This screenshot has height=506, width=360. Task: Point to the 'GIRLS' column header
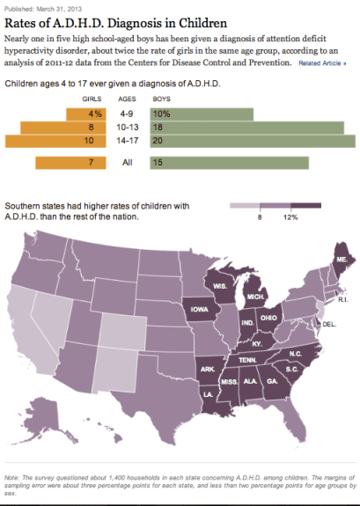[92, 100]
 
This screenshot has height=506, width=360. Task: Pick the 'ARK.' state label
[207, 369]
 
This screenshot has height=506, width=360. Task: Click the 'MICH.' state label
[255, 298]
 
